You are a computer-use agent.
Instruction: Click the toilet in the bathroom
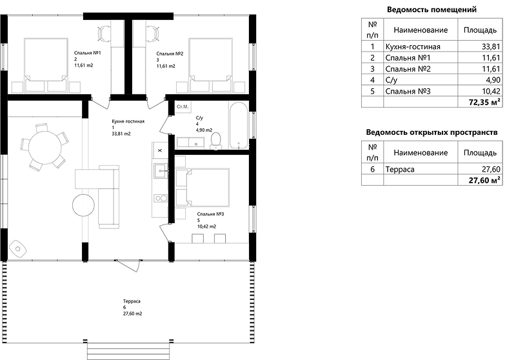[x=216, y=141]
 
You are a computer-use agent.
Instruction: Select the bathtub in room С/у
[x=238, y=125]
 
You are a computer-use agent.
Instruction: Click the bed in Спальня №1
[x=46, y=65]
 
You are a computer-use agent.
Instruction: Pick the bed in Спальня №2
[x=211, y=65]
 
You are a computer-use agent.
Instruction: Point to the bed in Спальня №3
[x=203, y=188]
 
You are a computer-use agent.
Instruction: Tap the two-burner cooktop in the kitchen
[x=161, y=198]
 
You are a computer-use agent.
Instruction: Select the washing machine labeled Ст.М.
[x=183, y=106]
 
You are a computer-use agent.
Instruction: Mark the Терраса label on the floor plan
[x=132, y=301]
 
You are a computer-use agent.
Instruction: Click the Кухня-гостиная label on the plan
[x=128, y=121]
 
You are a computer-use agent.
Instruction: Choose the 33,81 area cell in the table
[x=480, y=46]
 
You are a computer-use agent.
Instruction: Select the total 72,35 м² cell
[x=480, y=102]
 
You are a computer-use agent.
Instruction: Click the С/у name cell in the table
[x=421, y=80]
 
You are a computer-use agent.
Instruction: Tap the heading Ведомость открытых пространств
[x=432, y=132]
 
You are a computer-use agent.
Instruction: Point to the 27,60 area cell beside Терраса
[x=480, y=169]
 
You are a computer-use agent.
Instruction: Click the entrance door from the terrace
[x=129, y=265]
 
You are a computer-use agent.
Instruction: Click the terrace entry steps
[x=130, y=350]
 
